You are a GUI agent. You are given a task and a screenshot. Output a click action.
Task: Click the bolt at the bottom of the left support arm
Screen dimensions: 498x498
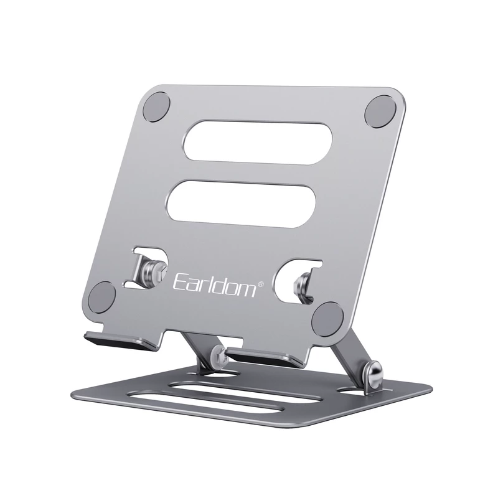coord(217,355)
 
